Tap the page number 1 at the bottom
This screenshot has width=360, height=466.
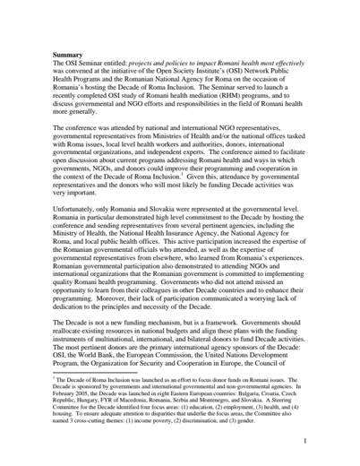[304, 441]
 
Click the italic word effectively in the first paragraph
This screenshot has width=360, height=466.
[284, 65]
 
